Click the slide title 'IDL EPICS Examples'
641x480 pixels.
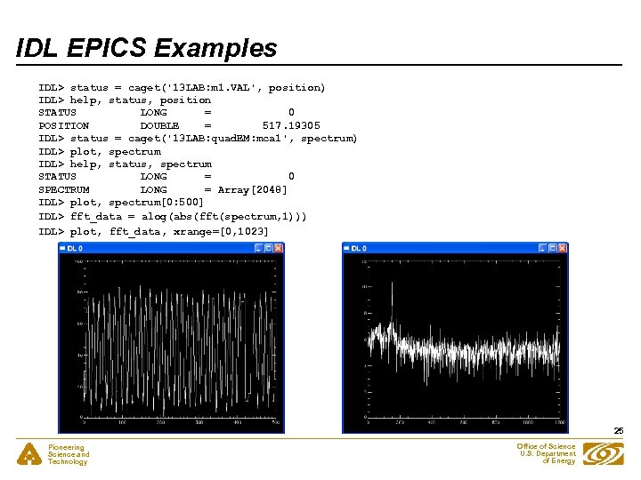(x=147, y=48)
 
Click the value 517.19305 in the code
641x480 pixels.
(x=291, y=125)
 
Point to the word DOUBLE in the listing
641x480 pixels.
(x=159, y=125)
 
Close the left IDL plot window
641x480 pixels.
(x=278, y=248)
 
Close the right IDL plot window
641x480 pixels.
(x=563, y=248)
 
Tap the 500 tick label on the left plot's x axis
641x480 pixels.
(x=276, y=421)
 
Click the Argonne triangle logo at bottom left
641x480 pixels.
(x=29, y=454)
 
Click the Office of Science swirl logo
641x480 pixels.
(x=604, y=454)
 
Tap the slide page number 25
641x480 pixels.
(x=618, y=431)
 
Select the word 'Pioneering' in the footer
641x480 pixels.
(x=66, y=448)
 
